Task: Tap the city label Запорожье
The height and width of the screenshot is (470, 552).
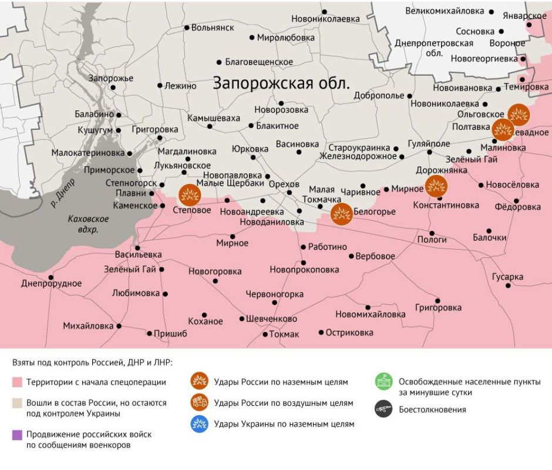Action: [111, 78]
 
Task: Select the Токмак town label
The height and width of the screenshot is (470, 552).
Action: [284, 334]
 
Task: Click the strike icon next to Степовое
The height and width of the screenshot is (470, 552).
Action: [189, 194]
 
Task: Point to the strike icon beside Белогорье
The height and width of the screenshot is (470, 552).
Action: [341, 214]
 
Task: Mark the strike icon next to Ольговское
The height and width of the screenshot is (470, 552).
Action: [519, 113]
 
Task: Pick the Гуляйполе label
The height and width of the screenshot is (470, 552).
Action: [429, 143]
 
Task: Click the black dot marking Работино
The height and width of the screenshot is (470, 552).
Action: [304, 247]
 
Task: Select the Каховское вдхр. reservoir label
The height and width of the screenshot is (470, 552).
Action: [87, 224]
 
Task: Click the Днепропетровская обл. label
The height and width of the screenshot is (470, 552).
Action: [434, 48]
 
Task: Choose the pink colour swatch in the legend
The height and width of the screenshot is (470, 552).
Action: [17, 382]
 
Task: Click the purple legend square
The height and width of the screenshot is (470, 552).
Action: [17, 435]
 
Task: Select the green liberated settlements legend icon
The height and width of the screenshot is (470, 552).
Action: [384, 382]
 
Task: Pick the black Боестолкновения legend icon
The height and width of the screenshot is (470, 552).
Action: [384, 409]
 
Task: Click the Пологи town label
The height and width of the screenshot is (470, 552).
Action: [432, 240]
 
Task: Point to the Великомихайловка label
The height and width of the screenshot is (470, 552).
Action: [445, 11]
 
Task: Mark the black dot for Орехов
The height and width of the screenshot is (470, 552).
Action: [288, 192]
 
